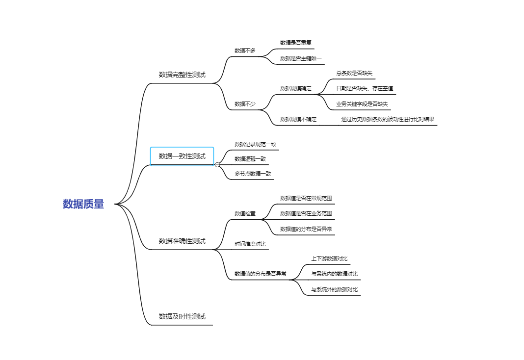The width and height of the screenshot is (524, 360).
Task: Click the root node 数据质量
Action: pyautogui.click(x=83, y=204)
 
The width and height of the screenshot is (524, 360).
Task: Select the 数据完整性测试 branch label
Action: pyautogui.click(x=182, y=75)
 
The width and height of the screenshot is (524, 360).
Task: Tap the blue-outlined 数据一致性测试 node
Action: pyautogui.click(x=182, y=156)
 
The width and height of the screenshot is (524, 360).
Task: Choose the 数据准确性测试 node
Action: pyautogui.click(x=182, y=241)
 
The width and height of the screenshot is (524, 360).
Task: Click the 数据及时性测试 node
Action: pyautogui.click(x=182, y=316)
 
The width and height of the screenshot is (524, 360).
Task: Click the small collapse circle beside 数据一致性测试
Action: pyautogui.click(x=217, y=165)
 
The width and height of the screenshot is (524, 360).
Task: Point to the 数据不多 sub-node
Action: pyautogui.click(x=245, y=51)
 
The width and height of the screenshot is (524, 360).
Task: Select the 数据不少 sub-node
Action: pyautogui.click(x=245, y=104)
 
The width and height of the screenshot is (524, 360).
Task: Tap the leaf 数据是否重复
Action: pyautogui.click(x=296, y=43)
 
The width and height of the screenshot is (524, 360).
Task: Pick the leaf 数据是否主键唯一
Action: pyautogui.click(x=301, y=58)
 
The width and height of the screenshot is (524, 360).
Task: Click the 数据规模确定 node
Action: pyautogui.click(x=296, y=88)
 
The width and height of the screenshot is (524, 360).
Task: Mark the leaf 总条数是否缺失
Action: pyautogui.click(x=354, y=73)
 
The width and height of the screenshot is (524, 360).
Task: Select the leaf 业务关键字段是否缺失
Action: pyautogui.click(x=362, y=104)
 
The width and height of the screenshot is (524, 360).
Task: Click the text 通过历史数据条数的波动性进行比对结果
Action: pyautogui.click(x=388, y=119)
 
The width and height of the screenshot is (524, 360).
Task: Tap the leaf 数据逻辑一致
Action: pyautogui.click(x=250, y=159)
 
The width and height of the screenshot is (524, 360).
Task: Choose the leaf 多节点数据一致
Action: pyautogui.click(x=253, y=174)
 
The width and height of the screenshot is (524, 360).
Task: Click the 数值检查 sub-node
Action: pyautogui.click(x=245, y=213)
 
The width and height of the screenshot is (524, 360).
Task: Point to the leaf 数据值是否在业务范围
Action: pyautogui.click(x=306, y=213)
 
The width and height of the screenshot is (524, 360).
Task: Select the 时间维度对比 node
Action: pyautogui.click(x=250, y=244)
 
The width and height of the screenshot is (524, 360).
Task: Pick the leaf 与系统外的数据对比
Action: pyautogui.click(x=335, y=289)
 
